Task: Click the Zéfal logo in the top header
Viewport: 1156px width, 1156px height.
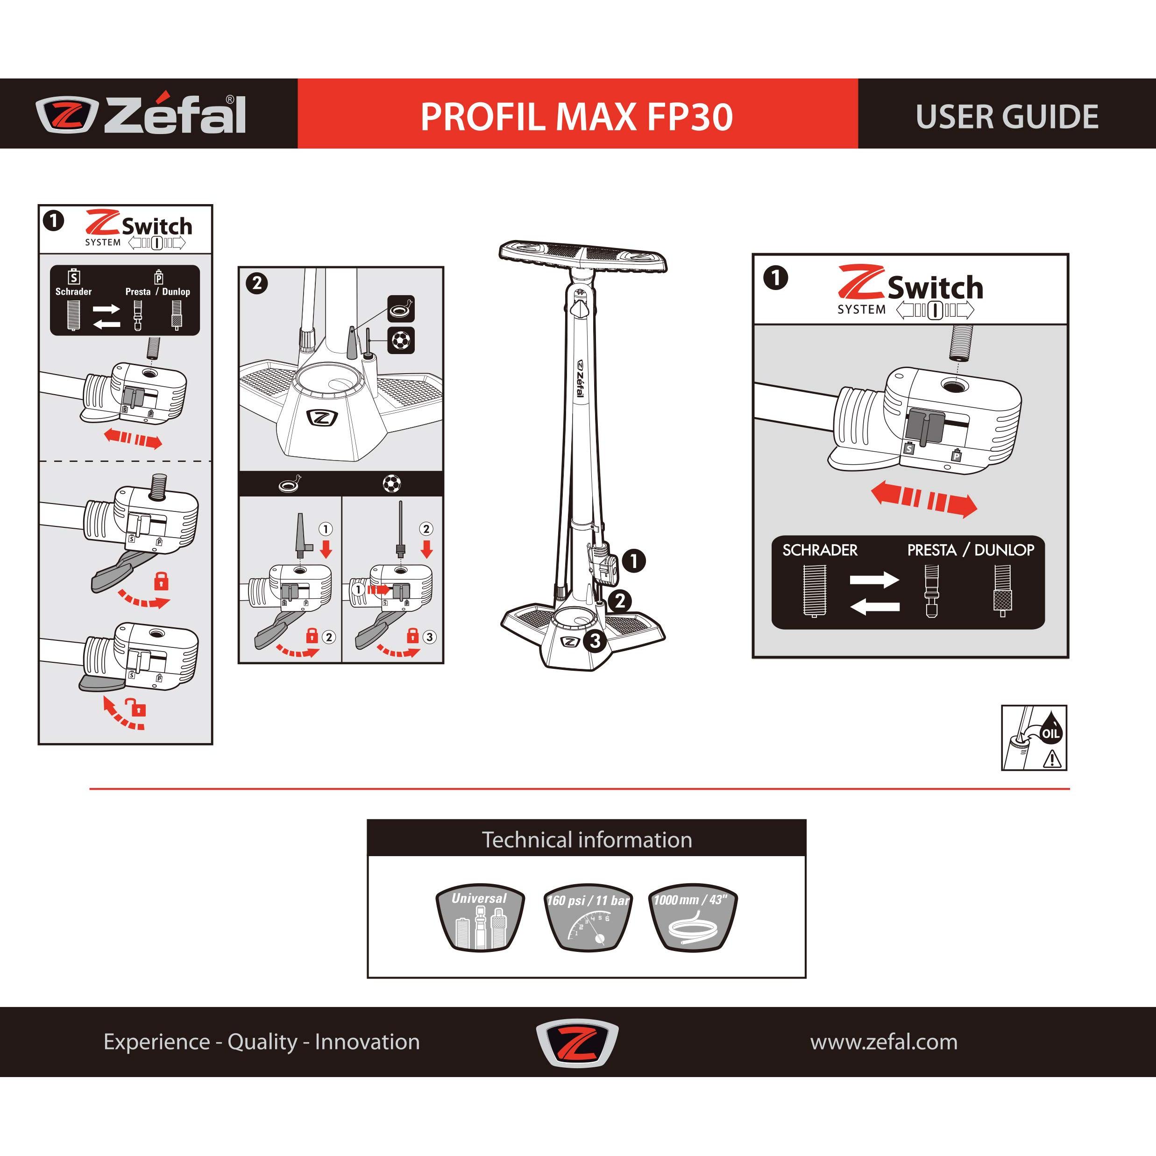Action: point(141,114)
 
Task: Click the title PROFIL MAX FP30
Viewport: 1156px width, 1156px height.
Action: point(577,117)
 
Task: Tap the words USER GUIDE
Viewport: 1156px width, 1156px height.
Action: point(1007,117)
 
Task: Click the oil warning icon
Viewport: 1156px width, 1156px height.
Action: point(1034,738)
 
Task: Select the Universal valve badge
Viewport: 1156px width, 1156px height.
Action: point(479,917)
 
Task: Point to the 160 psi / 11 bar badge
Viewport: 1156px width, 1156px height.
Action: point(588,917)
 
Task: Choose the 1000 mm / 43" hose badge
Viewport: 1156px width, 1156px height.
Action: point(692,917)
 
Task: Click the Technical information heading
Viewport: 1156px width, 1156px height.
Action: point(587,839)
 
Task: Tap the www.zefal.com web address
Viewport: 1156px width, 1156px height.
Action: point(884,1042)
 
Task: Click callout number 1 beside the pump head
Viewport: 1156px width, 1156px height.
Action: point(634,560)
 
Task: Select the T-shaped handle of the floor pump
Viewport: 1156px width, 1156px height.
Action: point(583,255)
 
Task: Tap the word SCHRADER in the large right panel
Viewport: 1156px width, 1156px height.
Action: point(820,550)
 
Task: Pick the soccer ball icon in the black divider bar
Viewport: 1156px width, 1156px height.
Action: point(392,483)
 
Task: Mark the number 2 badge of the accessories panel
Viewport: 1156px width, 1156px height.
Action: point(257,283)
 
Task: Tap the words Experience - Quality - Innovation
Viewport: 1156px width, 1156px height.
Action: point(262,1042)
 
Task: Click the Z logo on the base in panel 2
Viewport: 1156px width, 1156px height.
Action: point(321,418)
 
